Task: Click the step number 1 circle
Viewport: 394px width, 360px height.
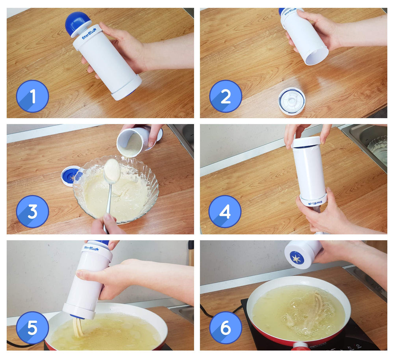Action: coord(32,96)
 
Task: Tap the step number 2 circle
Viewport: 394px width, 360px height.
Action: coord(225,96)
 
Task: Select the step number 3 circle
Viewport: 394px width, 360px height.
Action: coord(32,212)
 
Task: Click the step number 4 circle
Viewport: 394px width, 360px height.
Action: coord(225,212)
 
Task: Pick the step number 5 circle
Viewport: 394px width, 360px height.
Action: coord(32,327)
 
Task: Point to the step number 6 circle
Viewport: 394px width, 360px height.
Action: coord(225,327)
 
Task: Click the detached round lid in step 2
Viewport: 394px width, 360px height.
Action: coord(292,101)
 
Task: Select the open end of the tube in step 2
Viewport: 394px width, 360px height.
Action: coord(316,57)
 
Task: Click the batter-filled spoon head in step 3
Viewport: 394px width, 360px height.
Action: coord(112,170)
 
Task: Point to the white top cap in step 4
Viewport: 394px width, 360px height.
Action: coord(306,142)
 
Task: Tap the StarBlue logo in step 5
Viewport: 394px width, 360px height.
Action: coord(91,249)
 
